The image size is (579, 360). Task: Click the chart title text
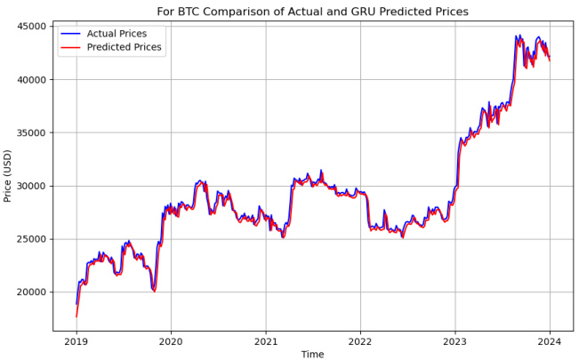point(312,12)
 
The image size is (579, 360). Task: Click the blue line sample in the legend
point(70,33)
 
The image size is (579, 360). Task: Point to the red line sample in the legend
point(70,47)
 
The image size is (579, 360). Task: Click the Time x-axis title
point(312,353)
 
